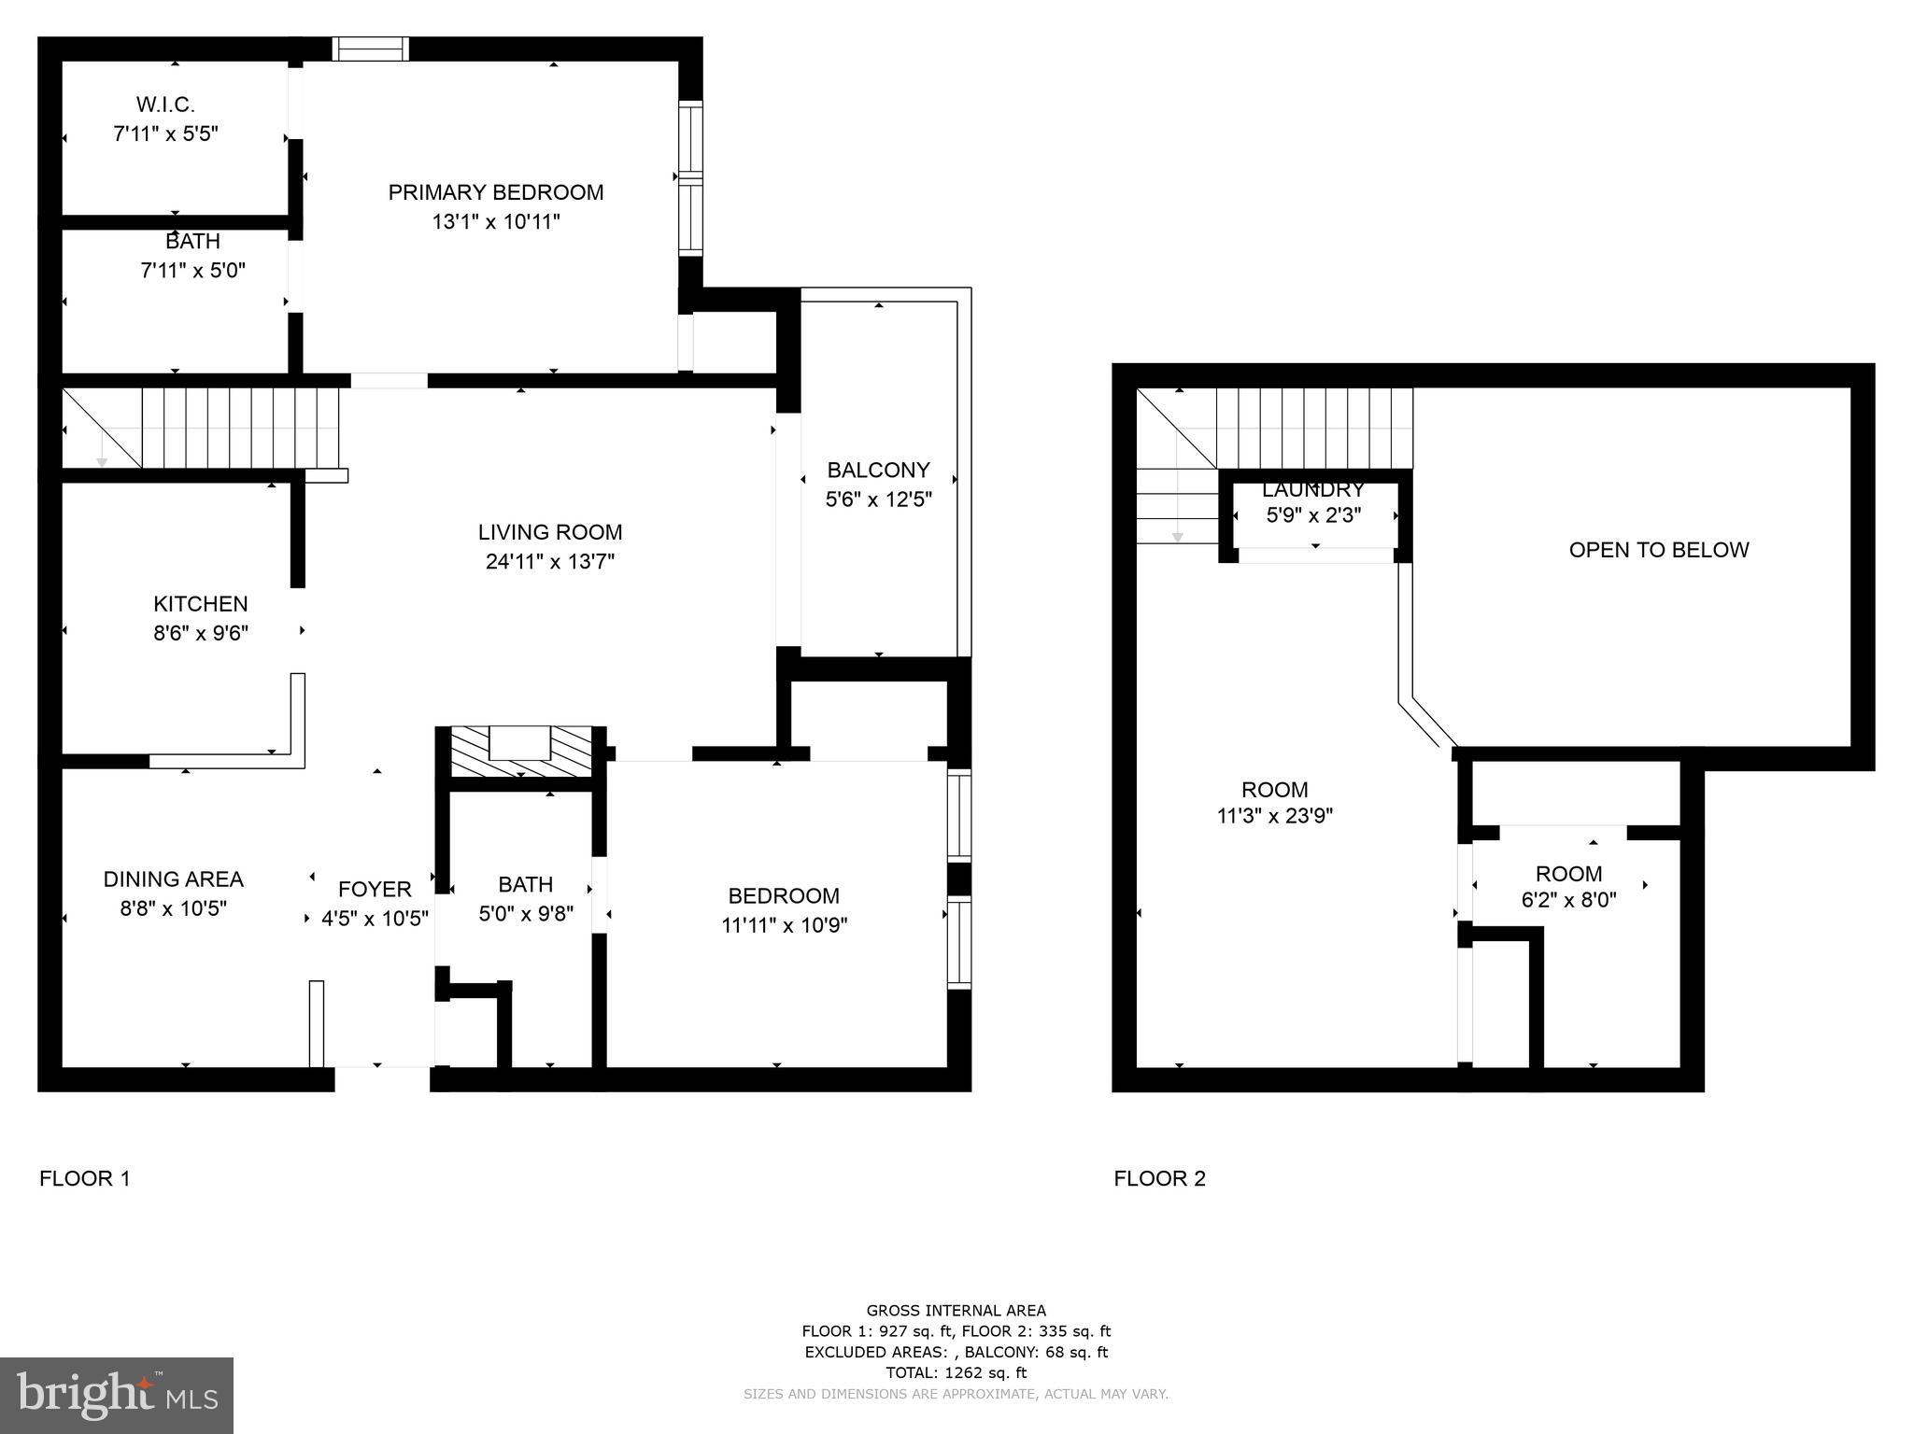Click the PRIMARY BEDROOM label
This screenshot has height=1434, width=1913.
[x=495, y=192]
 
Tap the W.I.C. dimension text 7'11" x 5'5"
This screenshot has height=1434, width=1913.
[x=165, y=134]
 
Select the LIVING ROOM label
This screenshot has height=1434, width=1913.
[x=549, y=532]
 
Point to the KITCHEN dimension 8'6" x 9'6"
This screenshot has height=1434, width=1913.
[x=201, y=633]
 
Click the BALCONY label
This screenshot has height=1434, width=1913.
[x=878, y=470]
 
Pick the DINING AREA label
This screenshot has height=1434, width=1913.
[x=173, y=879]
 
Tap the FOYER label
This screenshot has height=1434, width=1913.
[x=375, y=889]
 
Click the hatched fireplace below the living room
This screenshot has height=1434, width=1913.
[x=521, y=752]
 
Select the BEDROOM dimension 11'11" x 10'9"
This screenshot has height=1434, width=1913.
[x=784, y=925]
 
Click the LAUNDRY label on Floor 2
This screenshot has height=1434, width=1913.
[x=1312, y=489]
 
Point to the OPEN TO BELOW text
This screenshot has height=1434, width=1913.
[x=1658, y=550]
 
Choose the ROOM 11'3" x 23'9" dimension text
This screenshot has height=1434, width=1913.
[x=1274, y=816]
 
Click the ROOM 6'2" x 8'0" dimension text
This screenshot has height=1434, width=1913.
[x=1568, y=900]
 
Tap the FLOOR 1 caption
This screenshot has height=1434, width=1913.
[x=84, y=1178]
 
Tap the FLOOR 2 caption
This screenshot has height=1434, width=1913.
[x=1159, y=1178]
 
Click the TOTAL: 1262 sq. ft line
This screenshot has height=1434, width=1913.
[x=956, y=1372]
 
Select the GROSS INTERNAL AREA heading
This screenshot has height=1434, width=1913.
[x=956, y=1310]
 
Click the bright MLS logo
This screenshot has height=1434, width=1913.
[x=116, y=1395]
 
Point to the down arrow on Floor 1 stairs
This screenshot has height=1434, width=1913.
[x=102, y=461]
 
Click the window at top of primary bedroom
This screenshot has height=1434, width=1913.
[x=371, y=49]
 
